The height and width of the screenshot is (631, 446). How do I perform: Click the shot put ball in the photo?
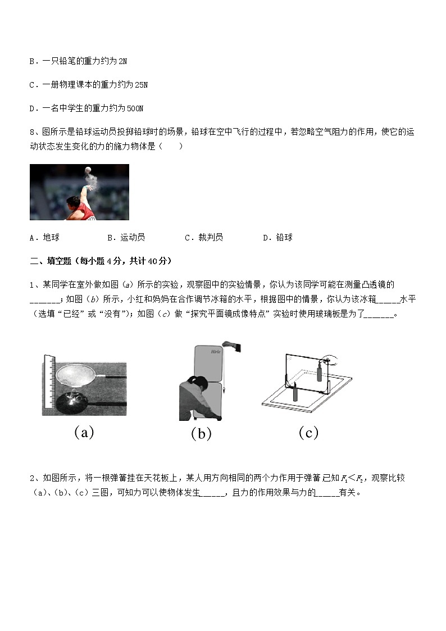click(87, 170)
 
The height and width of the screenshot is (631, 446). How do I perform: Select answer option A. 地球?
click(44, 238)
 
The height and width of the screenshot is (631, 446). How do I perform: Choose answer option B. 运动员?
click(126, 238)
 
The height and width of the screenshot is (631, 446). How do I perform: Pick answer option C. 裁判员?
click(204, 238)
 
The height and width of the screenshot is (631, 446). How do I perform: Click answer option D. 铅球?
click(277, 238)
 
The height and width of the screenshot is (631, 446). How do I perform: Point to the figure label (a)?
click(84, 432)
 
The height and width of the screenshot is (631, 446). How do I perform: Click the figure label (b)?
click(201, 433)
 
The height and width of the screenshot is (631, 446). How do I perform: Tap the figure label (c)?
click(308, 432)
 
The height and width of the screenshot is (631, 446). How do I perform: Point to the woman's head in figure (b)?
click(198, 382)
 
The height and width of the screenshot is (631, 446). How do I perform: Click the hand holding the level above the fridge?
click(231, 344)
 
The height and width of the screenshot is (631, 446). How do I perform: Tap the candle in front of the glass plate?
click(295, 391)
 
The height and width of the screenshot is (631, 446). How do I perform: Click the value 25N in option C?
click(142, 85)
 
